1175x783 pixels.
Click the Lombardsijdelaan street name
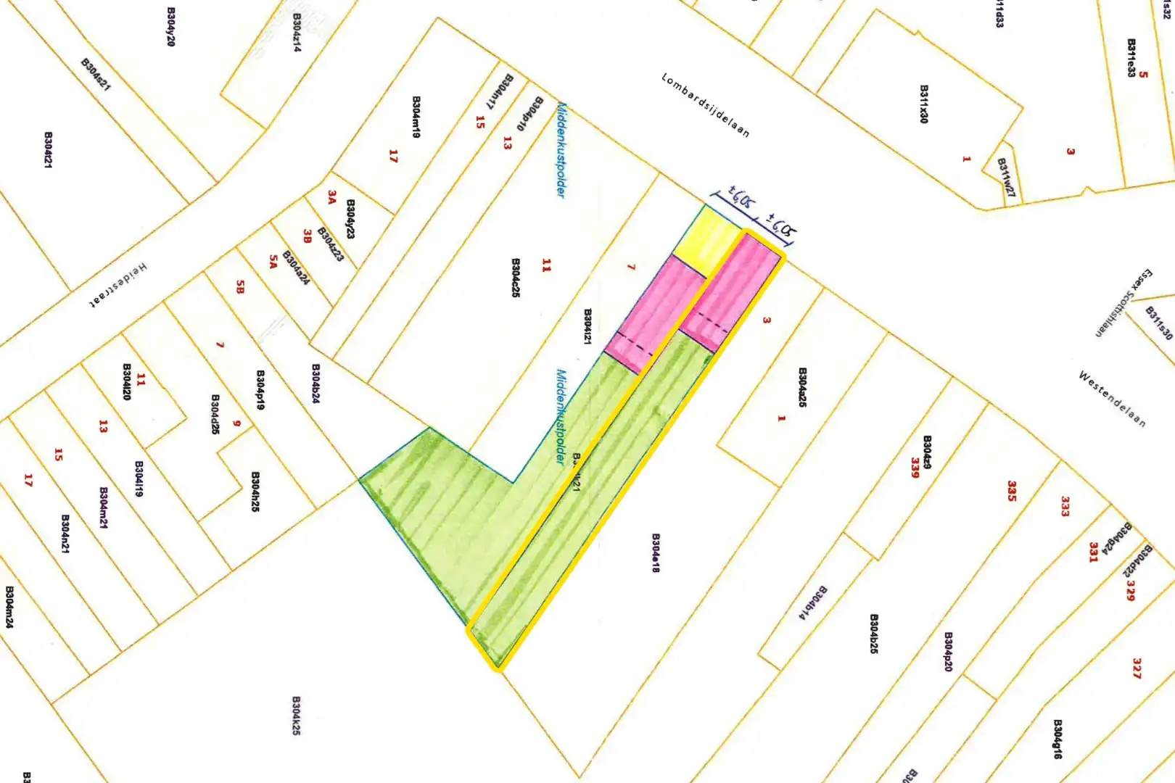(705, 105)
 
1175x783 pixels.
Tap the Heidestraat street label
(118, 286)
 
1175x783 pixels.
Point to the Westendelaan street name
(1112, 399)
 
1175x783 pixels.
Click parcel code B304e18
(656, 553)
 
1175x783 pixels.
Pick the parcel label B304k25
(296, 716)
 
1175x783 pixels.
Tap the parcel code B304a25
(802, 386)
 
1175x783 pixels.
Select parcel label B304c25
(516, 277)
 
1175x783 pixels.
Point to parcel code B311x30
(924, 104)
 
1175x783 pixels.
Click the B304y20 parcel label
(171, 27)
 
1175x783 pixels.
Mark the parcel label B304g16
(1057, 739)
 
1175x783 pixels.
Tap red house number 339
(915, 468)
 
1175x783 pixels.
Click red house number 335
(1012, 491)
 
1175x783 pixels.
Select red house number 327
(1137, 668)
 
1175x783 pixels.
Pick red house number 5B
(240, 287)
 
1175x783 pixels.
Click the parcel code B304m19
(416, 117)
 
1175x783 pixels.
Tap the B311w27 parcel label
(1006, 177)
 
